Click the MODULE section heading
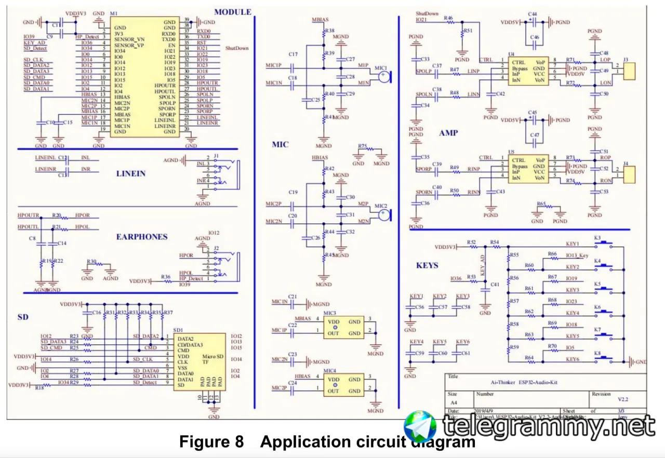232,12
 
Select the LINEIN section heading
130,173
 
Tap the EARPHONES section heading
142,237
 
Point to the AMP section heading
448,133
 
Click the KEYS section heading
427,265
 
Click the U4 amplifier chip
528,72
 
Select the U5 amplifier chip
528,169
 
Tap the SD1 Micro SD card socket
199,362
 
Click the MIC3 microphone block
343,328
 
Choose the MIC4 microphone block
343,385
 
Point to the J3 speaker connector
628,71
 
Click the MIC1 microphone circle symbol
383,77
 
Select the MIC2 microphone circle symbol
383,215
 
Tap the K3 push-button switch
605,244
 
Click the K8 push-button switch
605,359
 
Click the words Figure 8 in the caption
211,442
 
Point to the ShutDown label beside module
237,48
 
